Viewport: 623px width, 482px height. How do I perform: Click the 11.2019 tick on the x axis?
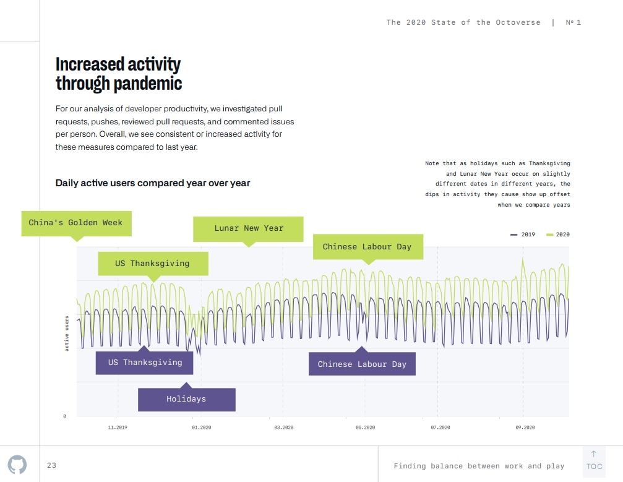click(x=117, y=428)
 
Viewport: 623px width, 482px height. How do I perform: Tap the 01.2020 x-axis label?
click(x=202, y=428)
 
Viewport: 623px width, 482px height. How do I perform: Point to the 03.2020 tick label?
click(x=283, y=428)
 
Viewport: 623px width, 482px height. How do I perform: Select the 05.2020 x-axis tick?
click(x=365, y=428)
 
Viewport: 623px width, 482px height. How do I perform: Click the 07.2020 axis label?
click(x=440, y=428)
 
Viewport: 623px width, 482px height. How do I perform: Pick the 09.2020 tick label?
click(x=525, y=428)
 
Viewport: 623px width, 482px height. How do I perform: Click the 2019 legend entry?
click(x=523, y=235)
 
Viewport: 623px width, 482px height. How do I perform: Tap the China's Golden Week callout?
click(x=76, y=223)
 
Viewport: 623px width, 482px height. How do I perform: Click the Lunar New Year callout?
click(x=249, y=228)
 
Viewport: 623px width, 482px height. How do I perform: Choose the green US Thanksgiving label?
click(x=153, y=264)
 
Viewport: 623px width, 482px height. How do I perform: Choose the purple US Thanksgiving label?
click(x=145, y=363)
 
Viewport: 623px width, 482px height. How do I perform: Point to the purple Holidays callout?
click(x=186, y=399)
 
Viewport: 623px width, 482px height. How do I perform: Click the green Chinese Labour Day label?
click(x=367, y=247)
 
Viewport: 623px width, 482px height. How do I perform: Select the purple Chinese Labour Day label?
click(x=362, y=364)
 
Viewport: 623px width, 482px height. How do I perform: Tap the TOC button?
click(x=594, y=461)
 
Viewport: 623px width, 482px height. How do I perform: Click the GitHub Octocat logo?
click(x=17, y=465)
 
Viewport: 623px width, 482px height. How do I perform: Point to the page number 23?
click(x=51, y=465)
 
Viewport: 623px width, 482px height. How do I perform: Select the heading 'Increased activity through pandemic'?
click(x=119, y=74)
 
